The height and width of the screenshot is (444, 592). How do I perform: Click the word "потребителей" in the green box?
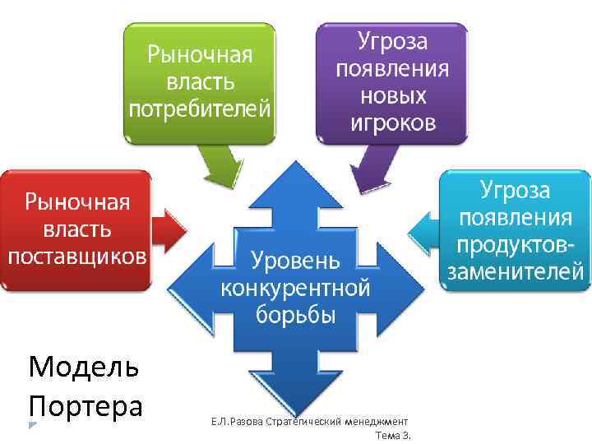(200, 109)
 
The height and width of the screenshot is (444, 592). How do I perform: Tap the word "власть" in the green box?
(200, 82)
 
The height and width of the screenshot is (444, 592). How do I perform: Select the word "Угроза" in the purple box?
(391, 41)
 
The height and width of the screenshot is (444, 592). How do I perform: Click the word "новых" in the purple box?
(391, 95)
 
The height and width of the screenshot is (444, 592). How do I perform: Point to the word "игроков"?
(391, 123)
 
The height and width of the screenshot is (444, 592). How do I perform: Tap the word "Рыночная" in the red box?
(76, 202)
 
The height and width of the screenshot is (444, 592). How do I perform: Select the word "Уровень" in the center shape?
(295, 261)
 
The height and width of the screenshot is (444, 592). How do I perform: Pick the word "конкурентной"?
(295, 289)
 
